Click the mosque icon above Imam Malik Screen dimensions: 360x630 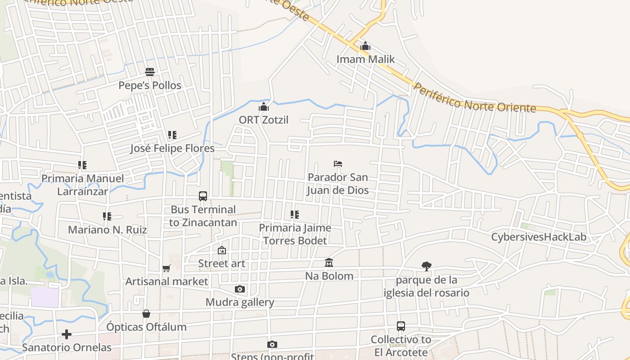tap(365, 46)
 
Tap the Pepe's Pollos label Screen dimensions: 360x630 tap(150, 85)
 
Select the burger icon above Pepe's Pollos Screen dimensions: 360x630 tap(150, 72)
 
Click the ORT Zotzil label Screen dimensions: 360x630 tap(264, 120)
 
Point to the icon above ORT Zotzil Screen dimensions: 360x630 tap(264, 107)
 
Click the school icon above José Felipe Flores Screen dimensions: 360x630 tap(172, 135)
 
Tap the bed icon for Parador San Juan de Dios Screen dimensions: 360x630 tap(338, 164)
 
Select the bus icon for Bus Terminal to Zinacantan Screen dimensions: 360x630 tap(203, 196)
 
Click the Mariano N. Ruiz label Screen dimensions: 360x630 tap(108, 230)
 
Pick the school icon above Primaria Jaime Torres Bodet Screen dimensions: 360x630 tap(295, 215)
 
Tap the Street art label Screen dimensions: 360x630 tap(222, 264)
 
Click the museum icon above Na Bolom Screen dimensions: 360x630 tap(329, 262)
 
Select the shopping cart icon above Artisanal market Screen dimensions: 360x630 tap(166, 268)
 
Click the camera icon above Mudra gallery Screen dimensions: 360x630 tap(240, 289)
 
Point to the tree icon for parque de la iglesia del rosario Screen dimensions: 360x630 tap(426, 266)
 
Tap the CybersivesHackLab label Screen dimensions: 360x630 tap(539, 237)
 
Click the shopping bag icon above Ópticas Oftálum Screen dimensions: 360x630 tap(146, 314)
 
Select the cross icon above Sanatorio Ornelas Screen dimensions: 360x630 tap(67, 334)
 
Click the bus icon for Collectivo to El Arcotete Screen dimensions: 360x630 tap(401, 326)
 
